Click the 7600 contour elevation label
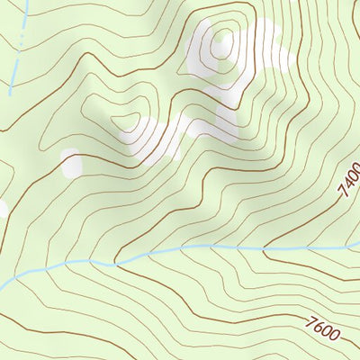coord(323,328)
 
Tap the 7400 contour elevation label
coord(348,183)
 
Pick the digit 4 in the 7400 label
coord(346,186)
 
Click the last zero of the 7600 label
coord(335,335)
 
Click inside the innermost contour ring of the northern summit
coord(221,41)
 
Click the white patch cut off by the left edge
coord(2,210)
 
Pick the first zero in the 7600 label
coord(327,330)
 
